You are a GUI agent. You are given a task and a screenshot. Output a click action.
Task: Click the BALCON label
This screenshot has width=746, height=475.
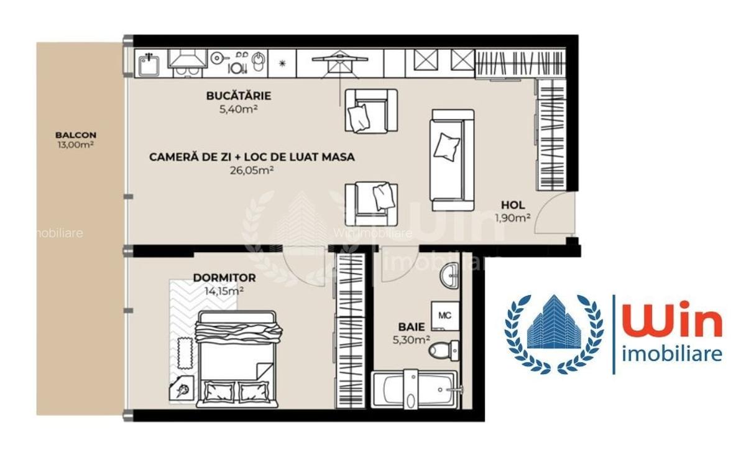click(x=76, y=134)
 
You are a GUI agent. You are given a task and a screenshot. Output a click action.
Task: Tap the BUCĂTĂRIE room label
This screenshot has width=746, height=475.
click(x=239, y=96)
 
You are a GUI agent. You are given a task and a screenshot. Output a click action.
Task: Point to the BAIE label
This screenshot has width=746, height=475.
click(x=412, y=326)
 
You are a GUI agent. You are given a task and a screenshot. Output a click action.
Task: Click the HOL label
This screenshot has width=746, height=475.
click(x=513, y=205)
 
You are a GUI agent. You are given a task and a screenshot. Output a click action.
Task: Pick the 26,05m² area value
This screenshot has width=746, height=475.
click(x=252, y=169)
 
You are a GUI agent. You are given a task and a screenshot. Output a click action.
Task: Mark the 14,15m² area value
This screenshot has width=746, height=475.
click(x=224, y=290)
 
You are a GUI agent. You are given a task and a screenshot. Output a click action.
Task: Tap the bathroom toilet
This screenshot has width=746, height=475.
click(x=443, y=350)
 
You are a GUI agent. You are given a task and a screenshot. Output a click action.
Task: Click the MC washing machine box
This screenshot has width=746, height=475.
click(x=445, y=316)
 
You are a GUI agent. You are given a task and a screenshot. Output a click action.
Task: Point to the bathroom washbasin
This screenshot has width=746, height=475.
click(x=449, y=275)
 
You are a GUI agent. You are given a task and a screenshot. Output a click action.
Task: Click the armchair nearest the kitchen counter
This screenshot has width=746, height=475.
click(x=371, y=110)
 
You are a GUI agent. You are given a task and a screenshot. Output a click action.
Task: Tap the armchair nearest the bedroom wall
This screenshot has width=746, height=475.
click(x=371, y=202)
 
